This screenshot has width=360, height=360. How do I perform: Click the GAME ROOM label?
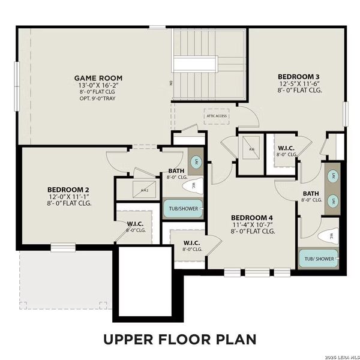98,78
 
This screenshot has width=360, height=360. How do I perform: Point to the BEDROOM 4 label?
252,217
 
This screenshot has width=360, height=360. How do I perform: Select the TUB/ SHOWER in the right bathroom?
319,259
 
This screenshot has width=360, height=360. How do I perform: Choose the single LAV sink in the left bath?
196,161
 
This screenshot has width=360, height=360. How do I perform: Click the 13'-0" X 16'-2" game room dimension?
98,86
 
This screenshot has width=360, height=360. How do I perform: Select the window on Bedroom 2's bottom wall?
63,247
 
